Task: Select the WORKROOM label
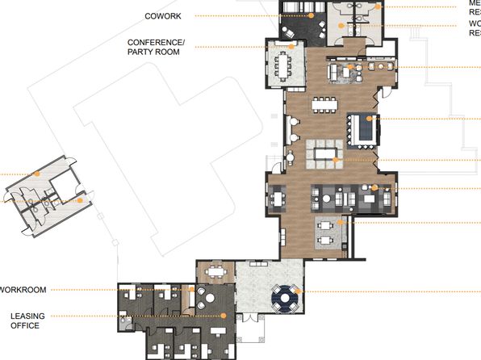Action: (23, 289)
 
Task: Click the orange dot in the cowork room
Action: (311, 15)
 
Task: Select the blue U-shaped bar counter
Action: (364, 129)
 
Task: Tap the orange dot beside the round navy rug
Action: (299, 291)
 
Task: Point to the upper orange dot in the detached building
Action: (36, 174)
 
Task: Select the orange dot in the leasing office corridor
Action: (192, 288)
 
